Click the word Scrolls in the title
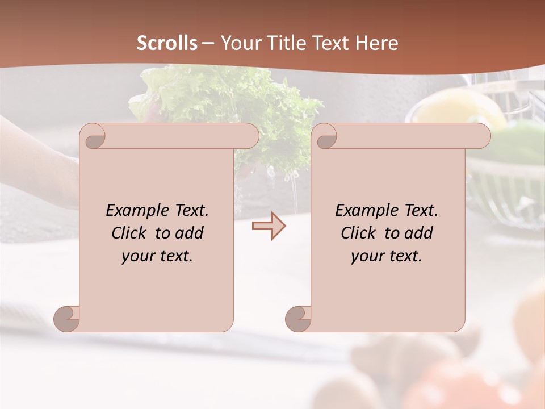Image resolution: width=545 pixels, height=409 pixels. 167,43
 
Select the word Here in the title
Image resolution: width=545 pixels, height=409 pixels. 377,43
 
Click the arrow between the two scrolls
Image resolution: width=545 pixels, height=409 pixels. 269,226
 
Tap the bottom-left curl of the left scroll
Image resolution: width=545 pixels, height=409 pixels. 66,319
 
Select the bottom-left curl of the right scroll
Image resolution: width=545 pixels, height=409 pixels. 298,319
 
